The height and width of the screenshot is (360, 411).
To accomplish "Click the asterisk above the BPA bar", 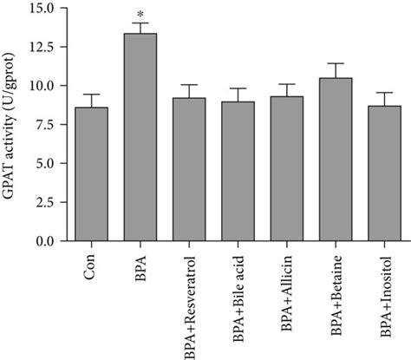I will (140, 14).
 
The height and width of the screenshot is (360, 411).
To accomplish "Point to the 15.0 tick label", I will (41, 9).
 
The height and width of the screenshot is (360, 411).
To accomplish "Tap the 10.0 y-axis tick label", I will (41, 86).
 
